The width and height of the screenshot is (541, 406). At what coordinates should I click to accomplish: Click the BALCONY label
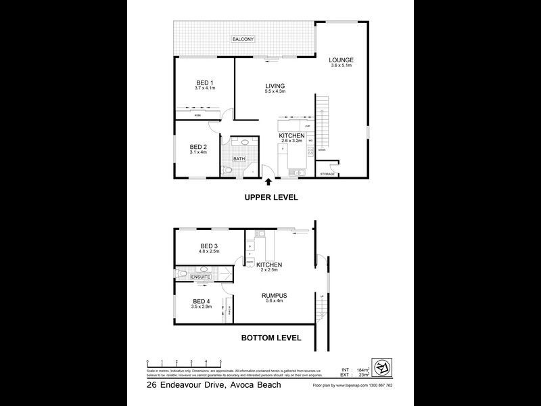click(243, 40)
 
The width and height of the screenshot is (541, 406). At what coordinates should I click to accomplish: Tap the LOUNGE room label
click(342, 60)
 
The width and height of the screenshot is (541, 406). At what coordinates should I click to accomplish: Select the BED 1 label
click(205, 83)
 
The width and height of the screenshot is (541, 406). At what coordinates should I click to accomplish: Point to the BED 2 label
click(197, 147)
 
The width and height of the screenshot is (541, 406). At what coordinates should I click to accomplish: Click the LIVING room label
click(275, 85)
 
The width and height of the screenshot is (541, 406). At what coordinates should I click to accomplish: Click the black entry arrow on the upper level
click(270, 181)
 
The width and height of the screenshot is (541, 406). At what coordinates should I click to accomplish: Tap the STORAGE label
click(327, 174)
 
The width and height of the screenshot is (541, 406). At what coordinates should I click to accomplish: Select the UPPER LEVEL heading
click(271, 198)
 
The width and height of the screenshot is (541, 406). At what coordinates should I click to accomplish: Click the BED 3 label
click(209, 246)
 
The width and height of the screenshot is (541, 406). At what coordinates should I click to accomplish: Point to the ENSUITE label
click(201, 277)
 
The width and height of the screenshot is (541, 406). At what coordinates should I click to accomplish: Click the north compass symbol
click(382, 368)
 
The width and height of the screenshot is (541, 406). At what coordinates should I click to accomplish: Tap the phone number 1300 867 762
click(379, 386)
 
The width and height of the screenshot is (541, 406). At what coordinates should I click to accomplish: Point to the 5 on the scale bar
click(220, 362)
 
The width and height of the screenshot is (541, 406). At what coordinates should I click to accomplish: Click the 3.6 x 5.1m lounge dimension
click(342, 66)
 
